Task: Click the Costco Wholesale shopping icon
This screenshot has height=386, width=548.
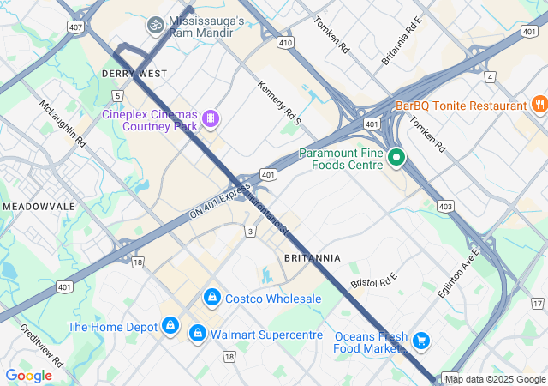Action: click(x=211, y=298)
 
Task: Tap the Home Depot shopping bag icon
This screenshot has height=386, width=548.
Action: click(x=171, y=327)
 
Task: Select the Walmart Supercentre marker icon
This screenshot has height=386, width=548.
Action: click(x=198, y=332)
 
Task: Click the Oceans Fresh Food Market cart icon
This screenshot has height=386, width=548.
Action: click(x=420, y=341)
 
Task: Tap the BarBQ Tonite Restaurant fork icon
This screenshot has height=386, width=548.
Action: click(x=539, y=105)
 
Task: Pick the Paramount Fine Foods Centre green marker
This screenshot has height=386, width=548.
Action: click(x=396, y=158)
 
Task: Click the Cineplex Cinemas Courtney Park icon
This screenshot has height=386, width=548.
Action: click(x=210, y=118)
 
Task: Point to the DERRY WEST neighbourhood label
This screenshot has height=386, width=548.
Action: click(x=134, y=74)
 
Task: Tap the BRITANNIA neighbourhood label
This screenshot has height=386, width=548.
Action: click(x=312, y=257)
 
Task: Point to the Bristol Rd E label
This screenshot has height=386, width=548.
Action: click(x=375, y=278)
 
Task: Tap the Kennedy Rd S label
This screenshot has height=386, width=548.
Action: click(x=280, y=103)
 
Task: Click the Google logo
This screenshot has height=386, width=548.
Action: click(x=28, y=375)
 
